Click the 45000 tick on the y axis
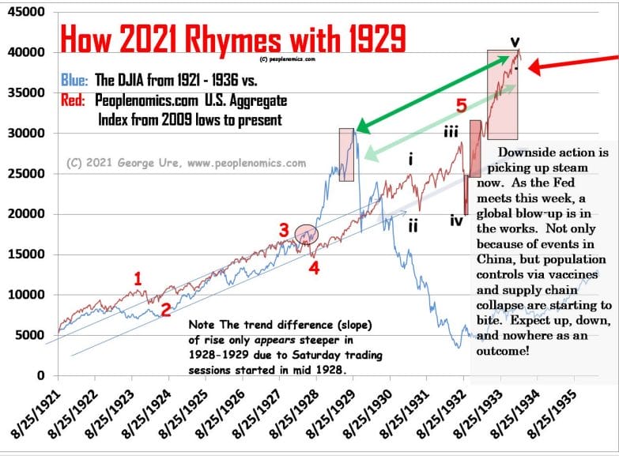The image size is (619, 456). [27, 13]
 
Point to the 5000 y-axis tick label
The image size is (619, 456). [30, 335]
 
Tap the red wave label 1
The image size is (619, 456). [138, 278]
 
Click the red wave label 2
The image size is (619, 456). [165, 310]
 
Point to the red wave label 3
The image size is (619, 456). [283, 230]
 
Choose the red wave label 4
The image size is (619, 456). [313, 266]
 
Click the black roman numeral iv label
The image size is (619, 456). [456, 220]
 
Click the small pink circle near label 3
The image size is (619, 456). [306, 233]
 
